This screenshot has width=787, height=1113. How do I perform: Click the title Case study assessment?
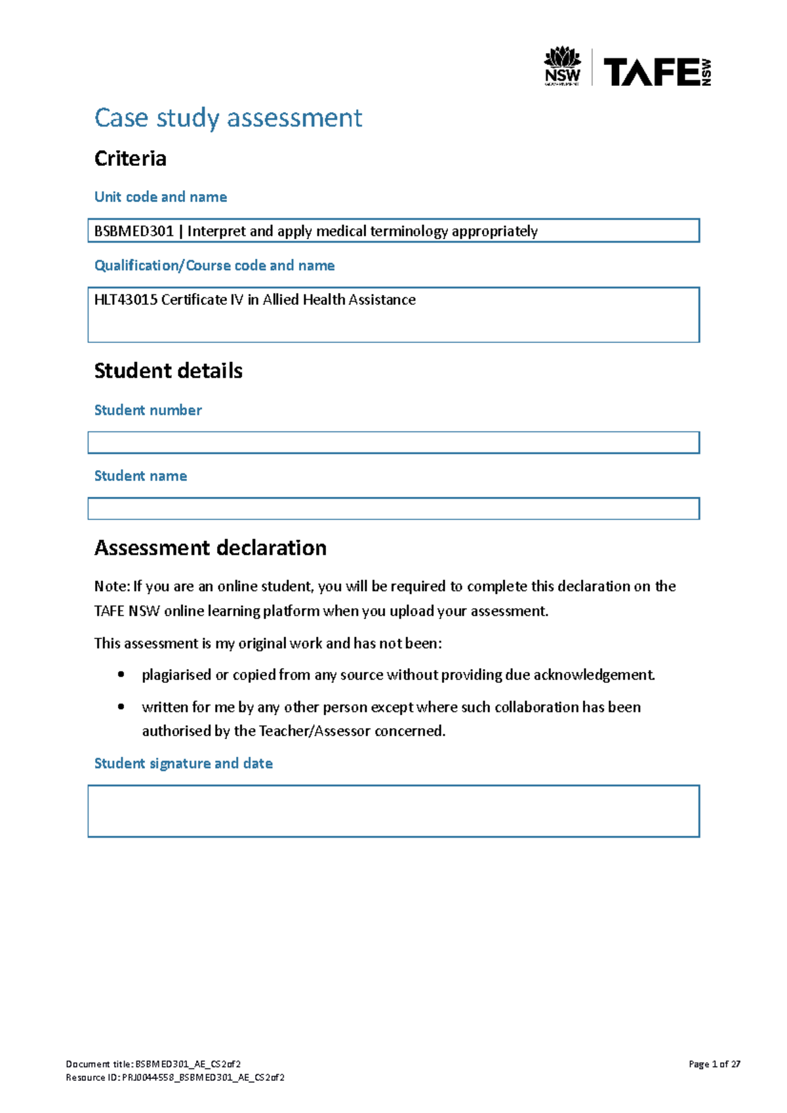tap(228, 118)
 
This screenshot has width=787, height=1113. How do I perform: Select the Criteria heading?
tap(130, 159)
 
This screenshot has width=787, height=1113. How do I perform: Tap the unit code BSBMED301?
tap(134, 231)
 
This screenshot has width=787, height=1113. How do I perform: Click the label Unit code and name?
tap(161, 197)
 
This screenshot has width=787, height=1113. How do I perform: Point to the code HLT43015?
tap(125, 300)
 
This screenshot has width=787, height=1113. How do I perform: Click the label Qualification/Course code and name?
tap(214, 265)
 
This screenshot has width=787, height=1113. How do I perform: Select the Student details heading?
tap(168, 371)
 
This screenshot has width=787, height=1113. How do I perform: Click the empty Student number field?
tap(393, 442)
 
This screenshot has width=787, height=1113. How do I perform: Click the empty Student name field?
tap(393, 509)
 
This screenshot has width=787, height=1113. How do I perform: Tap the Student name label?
tap(140, 476)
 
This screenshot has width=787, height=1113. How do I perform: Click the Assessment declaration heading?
tap(210, 548)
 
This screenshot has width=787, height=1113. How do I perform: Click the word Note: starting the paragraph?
tap(112, 586)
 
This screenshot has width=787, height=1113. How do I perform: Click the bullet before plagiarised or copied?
tap(121, 674)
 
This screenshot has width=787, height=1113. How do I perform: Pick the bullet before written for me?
tap(121, 707)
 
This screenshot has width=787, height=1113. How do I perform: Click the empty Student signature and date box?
tap(393, 811)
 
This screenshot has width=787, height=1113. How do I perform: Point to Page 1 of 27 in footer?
tap(714, 1064)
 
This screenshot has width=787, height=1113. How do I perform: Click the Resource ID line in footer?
tap(175, 1078)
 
